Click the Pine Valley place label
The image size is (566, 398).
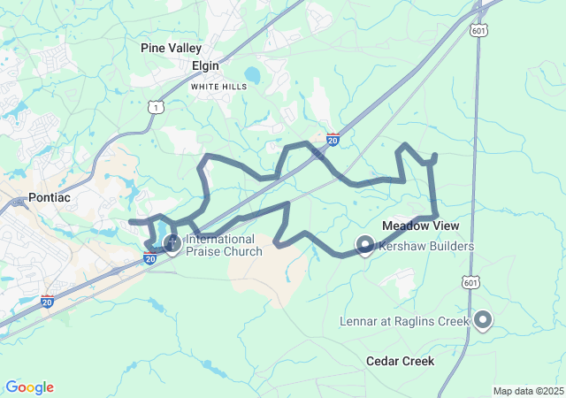(172, 49)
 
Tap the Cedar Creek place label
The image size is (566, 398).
(400, 361)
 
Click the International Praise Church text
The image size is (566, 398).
(224, 245)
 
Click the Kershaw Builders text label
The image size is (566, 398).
(426, 246)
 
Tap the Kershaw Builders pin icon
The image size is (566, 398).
(364, 244)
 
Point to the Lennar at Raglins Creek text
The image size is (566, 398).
(403, 321)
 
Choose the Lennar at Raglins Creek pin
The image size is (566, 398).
(483, 319)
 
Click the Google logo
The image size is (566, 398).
(29, 387)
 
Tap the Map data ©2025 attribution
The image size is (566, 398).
(528, 391)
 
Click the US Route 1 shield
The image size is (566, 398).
(156, 107)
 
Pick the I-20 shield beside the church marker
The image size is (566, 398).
(150, 257)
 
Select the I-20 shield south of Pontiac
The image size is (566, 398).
(47, 301)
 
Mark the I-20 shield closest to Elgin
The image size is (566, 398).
(333, 139)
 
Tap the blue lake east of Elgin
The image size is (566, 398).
(253, 75)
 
